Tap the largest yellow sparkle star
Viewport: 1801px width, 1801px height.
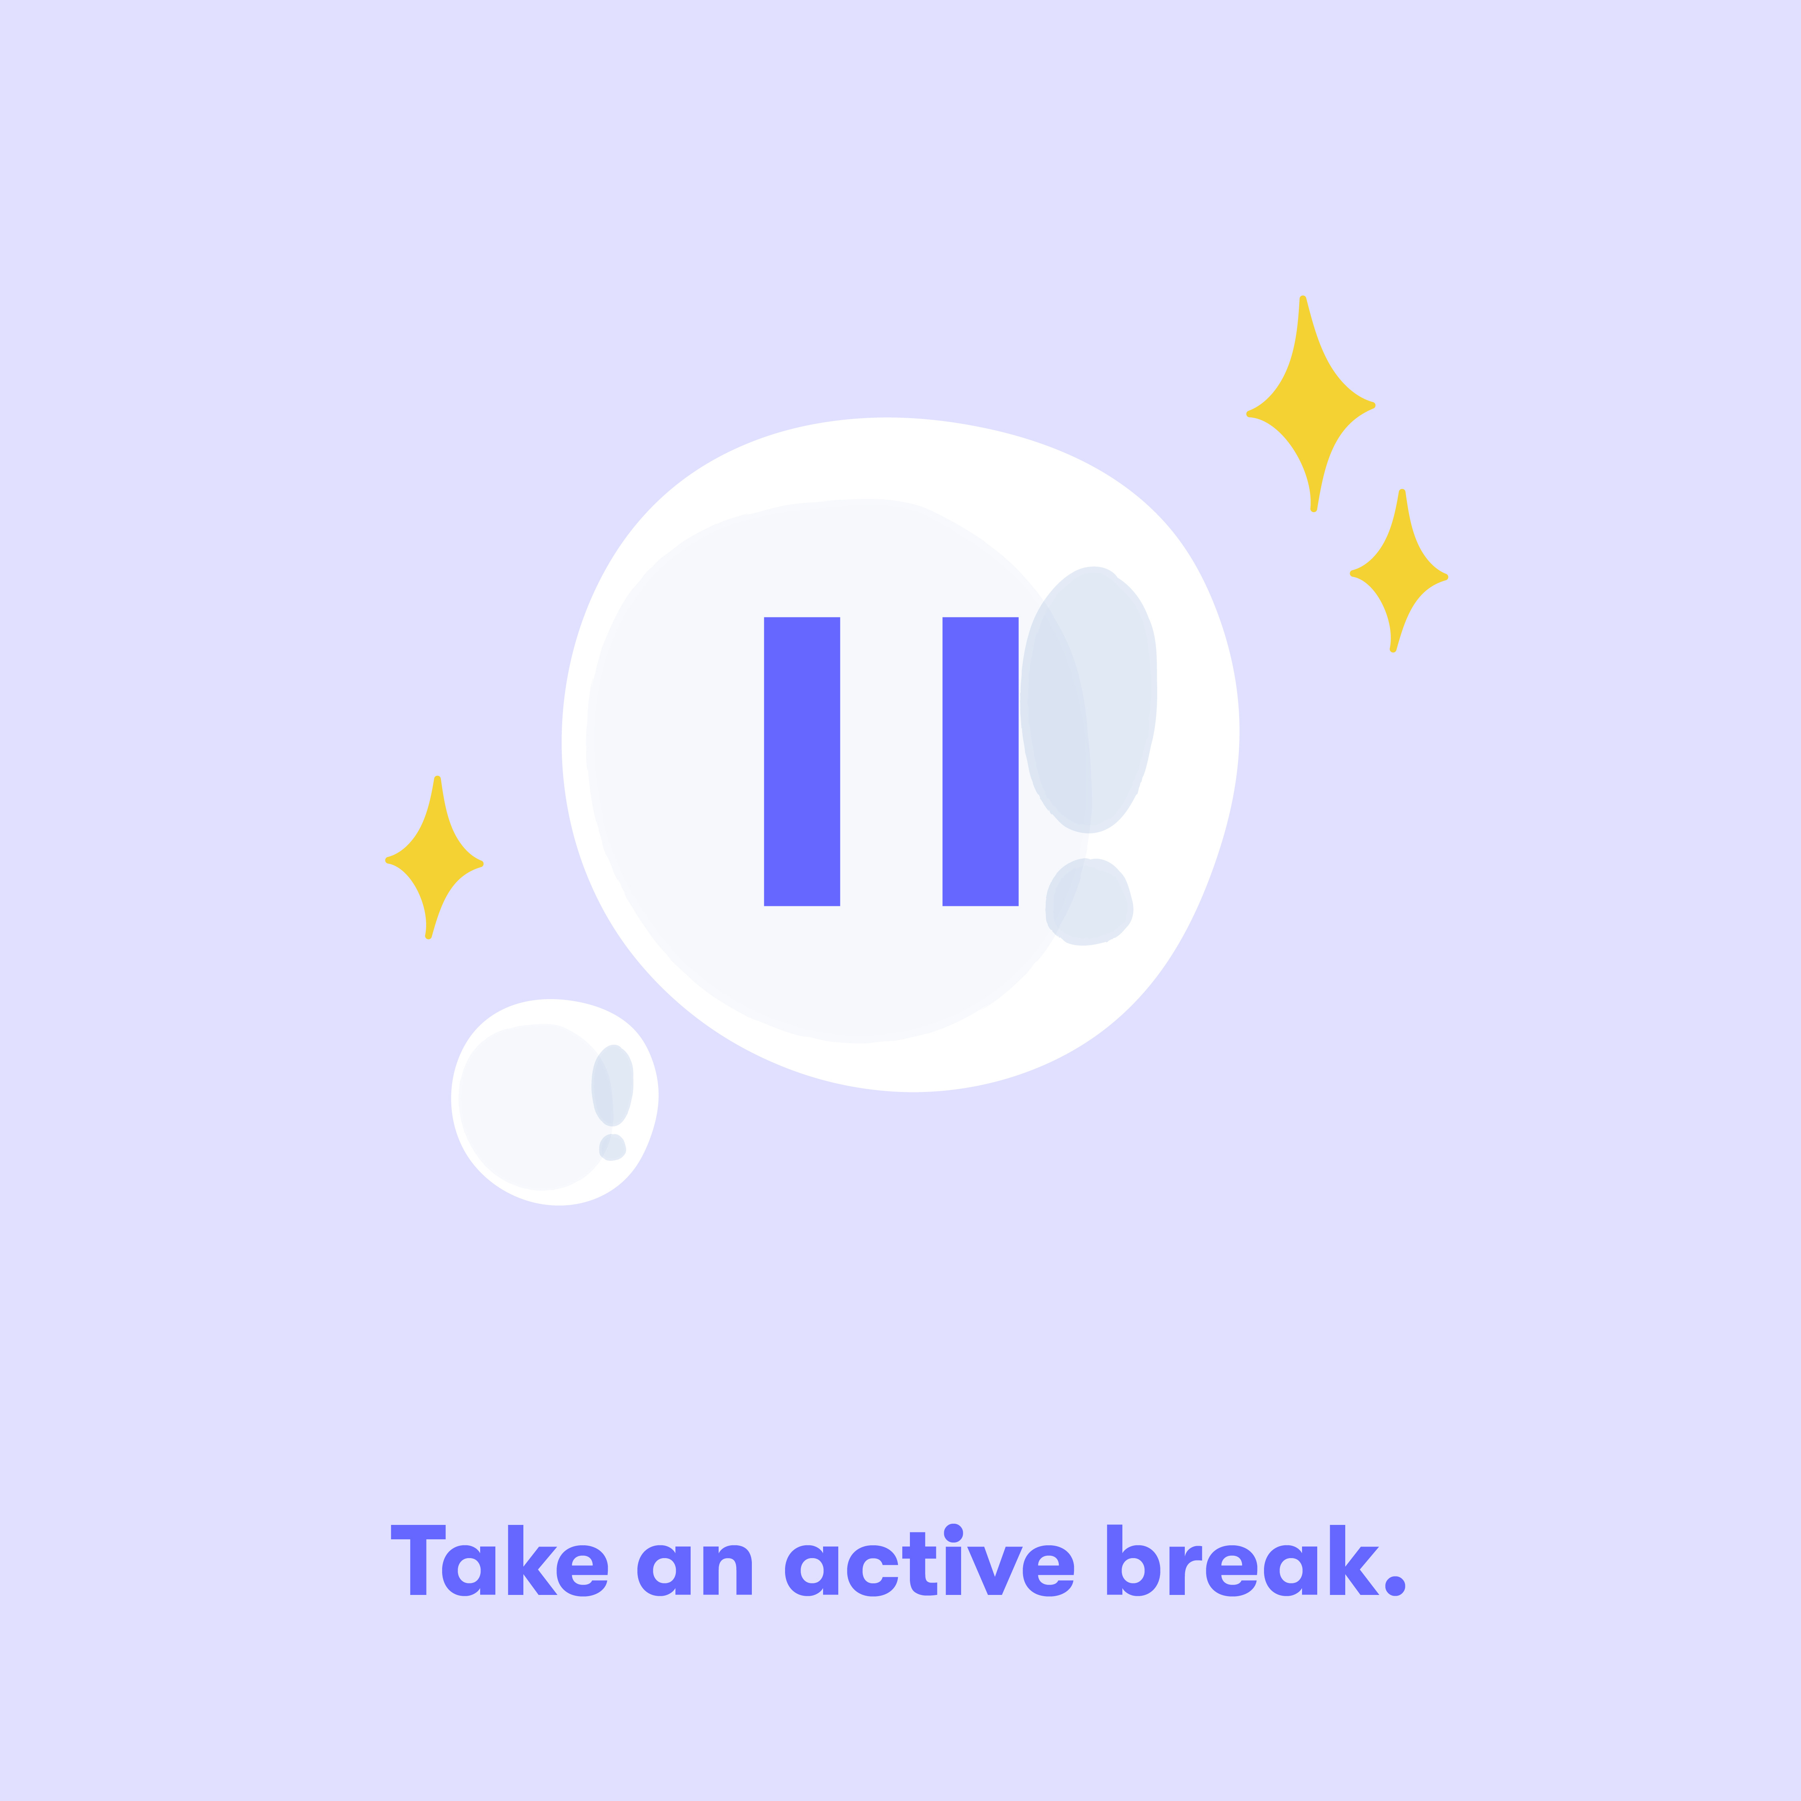(x=1311, y=404)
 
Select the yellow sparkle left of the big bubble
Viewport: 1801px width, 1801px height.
(x=435, y=857)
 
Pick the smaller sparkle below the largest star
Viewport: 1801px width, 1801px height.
(x=1398, y=571)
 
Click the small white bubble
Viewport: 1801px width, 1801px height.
(x=555, y=1103)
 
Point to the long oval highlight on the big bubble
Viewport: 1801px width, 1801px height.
(x=1089, y=699)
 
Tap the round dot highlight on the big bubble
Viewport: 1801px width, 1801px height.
(x=1089, y=902)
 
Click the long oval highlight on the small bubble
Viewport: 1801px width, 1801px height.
(x=613, y=1086)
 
